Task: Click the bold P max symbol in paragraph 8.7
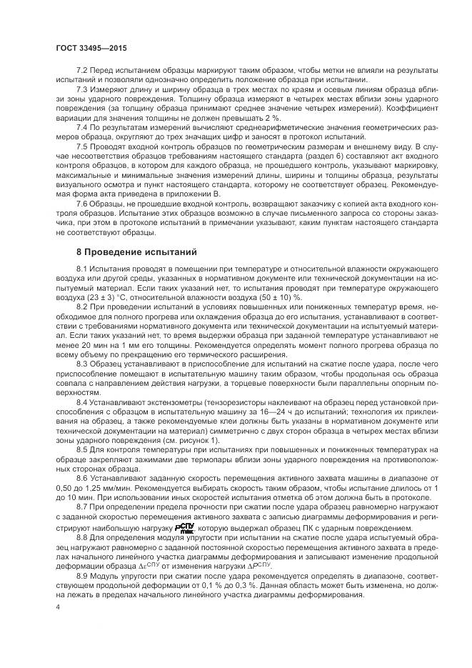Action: tap(186, 529)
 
